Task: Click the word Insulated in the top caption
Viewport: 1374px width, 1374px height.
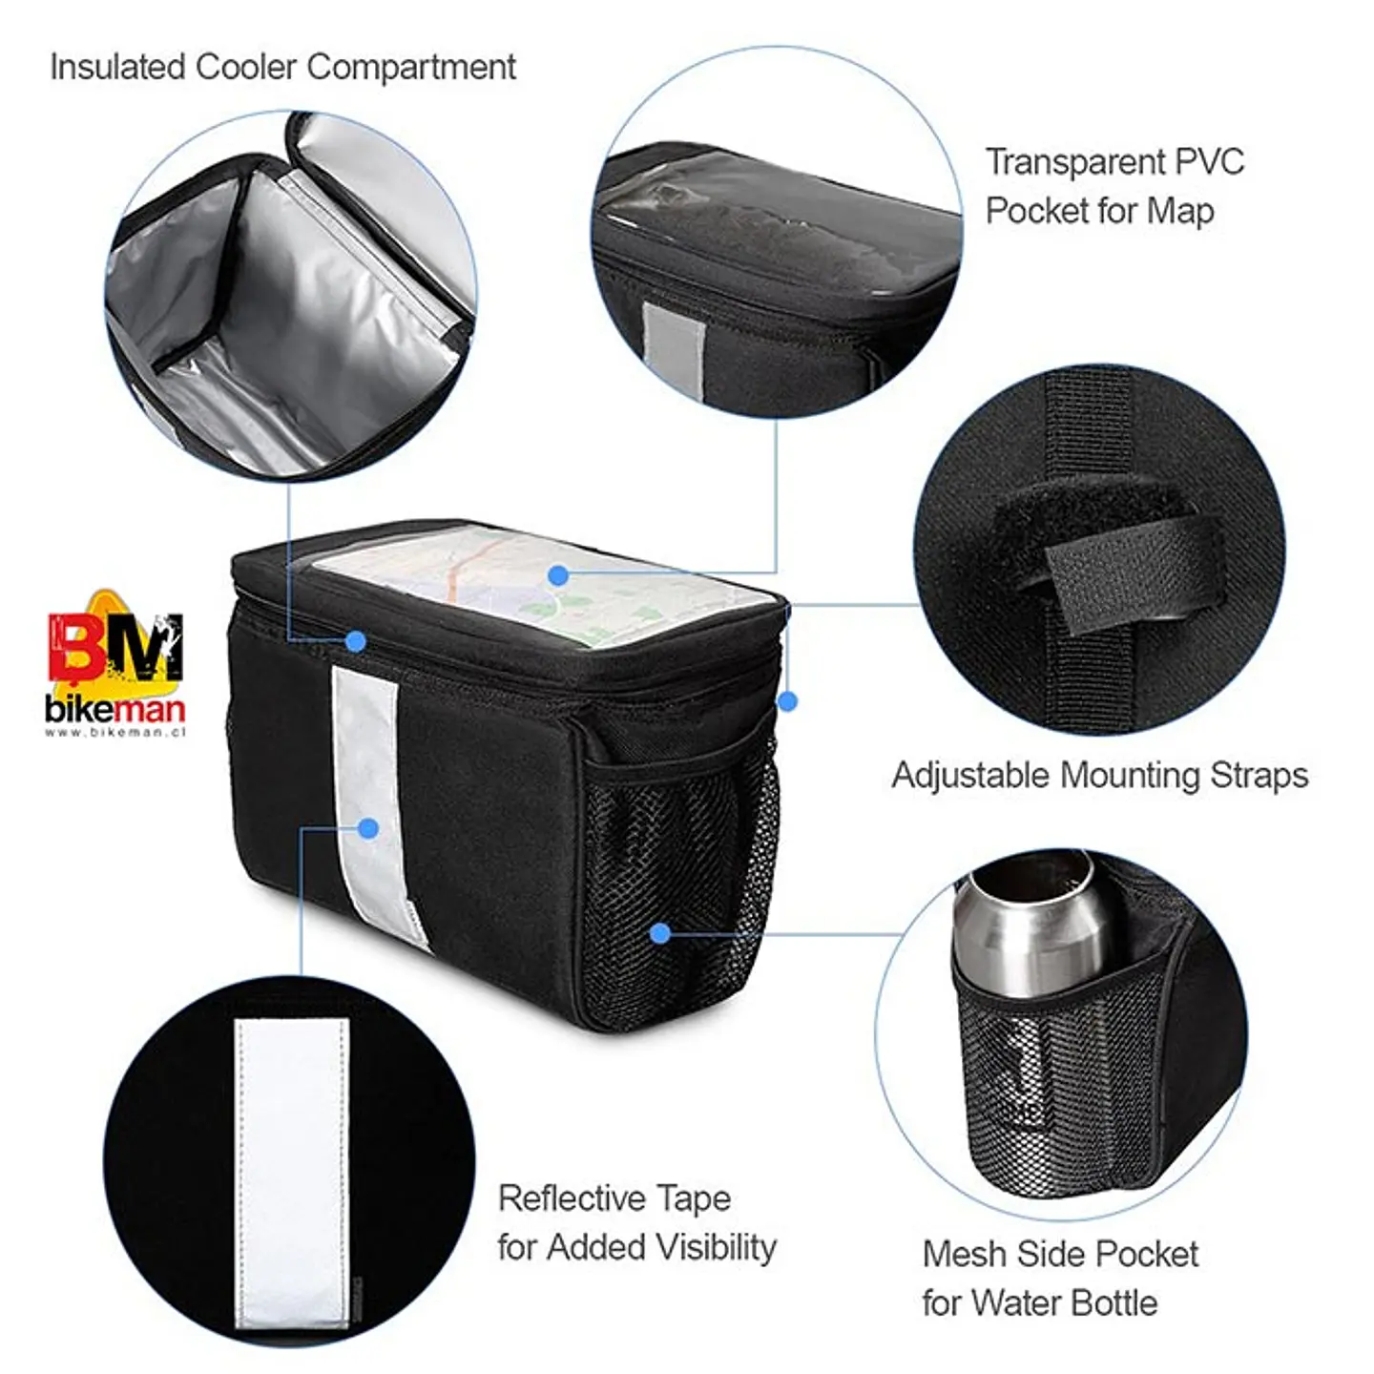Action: [x=117, y=68]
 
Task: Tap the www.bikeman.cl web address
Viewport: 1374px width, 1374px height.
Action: [x=114, y=732]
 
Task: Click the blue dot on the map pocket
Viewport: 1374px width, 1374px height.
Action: [x=559, y=574]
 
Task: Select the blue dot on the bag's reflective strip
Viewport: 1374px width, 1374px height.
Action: [x=368, y=828]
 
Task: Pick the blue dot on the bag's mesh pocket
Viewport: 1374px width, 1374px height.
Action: [x=660, y=932]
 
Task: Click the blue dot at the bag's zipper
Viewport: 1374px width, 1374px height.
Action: [x=356, y=641]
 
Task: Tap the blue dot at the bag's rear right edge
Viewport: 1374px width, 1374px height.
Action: [x=787, y=701]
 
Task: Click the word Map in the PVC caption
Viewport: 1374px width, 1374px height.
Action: [x=1180, y=211]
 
